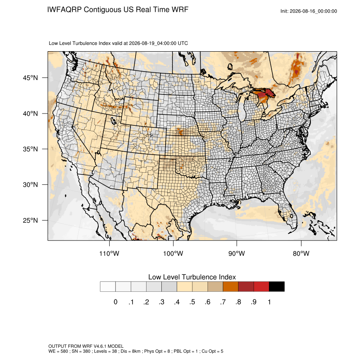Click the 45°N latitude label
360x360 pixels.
(x=30, y=78)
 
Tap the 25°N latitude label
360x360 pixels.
(x=30, y=220)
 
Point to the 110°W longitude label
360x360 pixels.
(x=109, y=253)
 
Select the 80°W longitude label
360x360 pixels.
(x=301, y=253)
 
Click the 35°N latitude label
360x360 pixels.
(x=30, y=149)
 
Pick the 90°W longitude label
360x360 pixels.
(x=236, y=253)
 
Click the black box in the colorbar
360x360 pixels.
(x=277, y=287)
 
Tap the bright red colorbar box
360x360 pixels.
(x=261, y=287)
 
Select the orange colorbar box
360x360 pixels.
(x=230, y=287)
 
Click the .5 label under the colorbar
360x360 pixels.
(x=192, y=302)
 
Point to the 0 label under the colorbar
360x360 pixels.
(x=116, y=302)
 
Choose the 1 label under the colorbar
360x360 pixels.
(x=269, y=302)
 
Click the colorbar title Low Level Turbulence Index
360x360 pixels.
(x=192, y=277)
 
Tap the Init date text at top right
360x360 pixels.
(x=309, y=11)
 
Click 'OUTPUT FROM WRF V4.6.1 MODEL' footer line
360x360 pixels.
(x=86, y=346)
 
